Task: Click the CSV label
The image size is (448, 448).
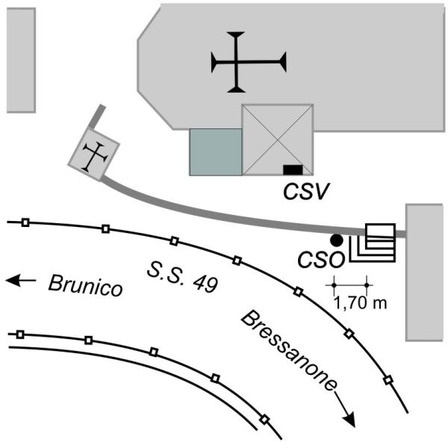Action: [306, 191]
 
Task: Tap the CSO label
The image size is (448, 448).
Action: [321, 260]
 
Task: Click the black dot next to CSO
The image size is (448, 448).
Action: [336, 240]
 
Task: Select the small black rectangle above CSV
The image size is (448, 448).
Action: [293, 169]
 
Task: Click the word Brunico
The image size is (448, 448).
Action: [85, 285]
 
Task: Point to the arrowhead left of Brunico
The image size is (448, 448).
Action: [12, 280]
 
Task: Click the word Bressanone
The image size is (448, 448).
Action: [288, 351]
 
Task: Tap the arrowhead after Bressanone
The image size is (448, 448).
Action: [349, 420]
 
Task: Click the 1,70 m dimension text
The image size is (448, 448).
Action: [361, 303]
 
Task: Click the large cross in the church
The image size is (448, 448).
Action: [236, 62]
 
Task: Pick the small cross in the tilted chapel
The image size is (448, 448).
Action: [95, 157]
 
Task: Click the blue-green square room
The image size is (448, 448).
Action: [216, 152]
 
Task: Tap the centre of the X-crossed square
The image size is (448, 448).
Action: [278, 140]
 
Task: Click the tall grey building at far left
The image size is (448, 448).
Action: [21, 60]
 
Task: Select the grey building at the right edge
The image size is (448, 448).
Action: [424, 273]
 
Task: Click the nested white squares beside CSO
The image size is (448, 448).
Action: [373, 243]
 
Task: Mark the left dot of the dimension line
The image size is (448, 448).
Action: [334, 285]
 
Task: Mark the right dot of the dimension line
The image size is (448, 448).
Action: [367, 285]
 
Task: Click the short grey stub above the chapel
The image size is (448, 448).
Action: [97, 117]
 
